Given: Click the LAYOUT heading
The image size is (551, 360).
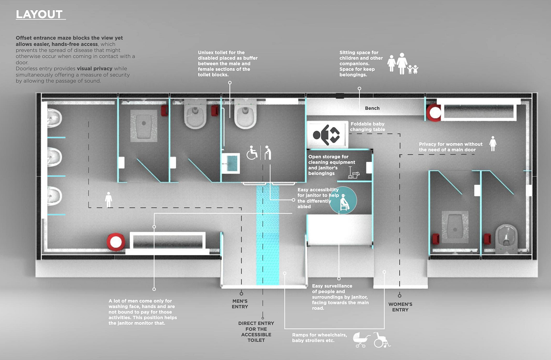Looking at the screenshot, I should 39,14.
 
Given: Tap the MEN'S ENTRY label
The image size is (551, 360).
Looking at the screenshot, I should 240,304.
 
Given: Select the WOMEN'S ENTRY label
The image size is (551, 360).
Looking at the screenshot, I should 400,307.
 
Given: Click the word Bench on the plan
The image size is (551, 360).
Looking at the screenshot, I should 372,108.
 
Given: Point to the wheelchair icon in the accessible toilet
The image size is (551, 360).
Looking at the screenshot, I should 252,153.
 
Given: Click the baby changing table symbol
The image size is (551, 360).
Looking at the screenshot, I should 326,135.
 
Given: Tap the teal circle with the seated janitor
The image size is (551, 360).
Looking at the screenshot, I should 343,200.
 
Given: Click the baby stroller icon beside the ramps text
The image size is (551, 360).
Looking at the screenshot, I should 361,340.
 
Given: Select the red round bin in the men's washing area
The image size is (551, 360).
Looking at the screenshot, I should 116,242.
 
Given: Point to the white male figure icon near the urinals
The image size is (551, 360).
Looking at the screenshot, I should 109,199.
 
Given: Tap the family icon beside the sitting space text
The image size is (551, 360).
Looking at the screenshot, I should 402,64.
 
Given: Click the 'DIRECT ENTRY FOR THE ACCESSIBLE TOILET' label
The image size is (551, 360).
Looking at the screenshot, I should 256,332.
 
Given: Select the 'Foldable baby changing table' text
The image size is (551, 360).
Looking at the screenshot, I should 368,127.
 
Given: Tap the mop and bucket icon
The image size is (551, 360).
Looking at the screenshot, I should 353,173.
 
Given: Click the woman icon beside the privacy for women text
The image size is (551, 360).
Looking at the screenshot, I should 493,144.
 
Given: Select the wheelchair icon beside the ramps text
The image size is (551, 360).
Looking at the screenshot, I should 381,340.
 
